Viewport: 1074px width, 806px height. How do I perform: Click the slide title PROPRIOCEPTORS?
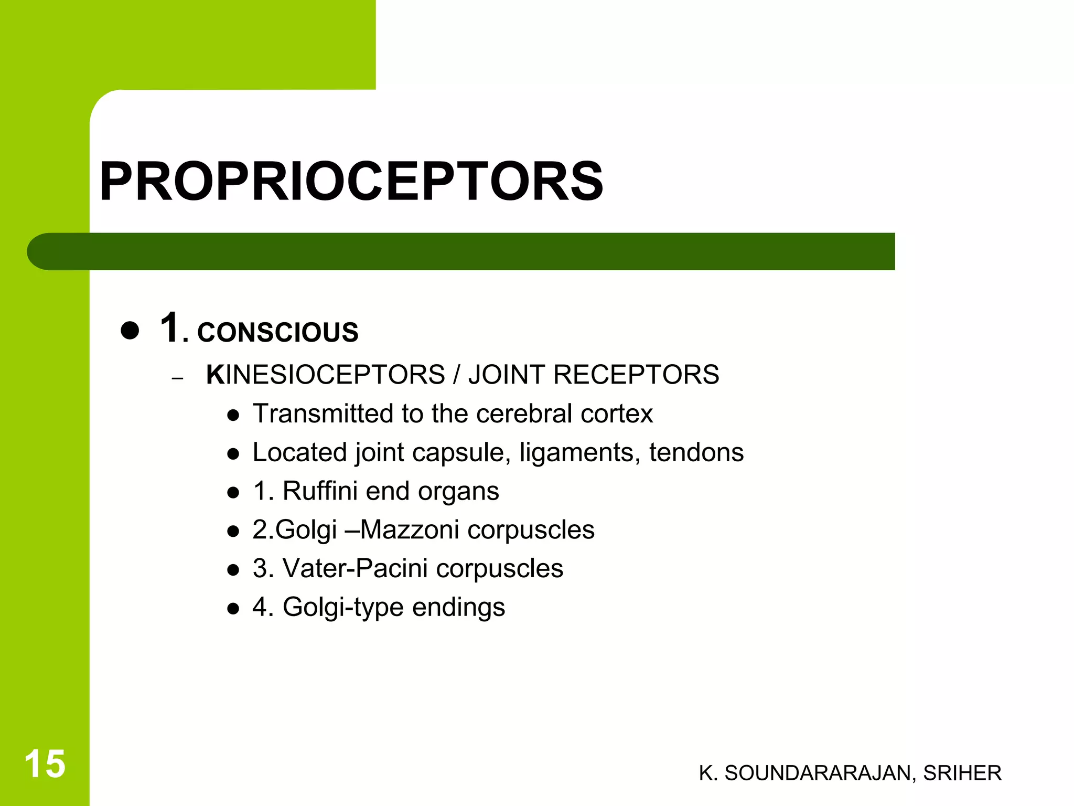click(x=351, y=182)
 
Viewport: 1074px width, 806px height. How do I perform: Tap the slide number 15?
click(x=45, y=764)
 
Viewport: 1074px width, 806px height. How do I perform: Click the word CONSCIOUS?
click(x=277, y=332)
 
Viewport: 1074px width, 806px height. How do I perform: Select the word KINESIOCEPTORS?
click(x=325, y=375)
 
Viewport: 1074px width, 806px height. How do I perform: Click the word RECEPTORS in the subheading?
click(x=636, y=375)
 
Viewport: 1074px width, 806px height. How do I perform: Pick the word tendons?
click(x=696, y=452)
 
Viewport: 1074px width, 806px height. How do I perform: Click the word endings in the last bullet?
click(x=458, y=607)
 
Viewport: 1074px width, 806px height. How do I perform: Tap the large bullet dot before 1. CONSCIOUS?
click(x=130, y=331)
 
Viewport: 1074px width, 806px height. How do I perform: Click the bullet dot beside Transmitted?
click(x=233, y=416)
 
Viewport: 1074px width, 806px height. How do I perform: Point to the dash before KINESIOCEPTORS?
click(x=177, y=378)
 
